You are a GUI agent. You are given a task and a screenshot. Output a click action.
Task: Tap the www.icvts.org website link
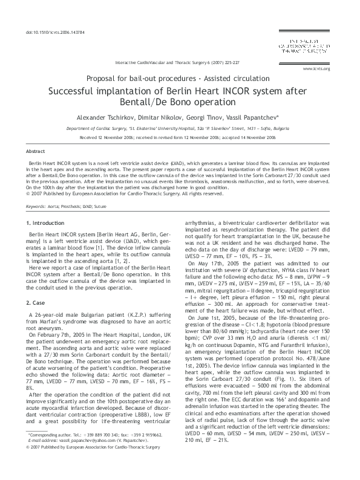(319, 69)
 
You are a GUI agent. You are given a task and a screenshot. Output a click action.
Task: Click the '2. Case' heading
(37, 285)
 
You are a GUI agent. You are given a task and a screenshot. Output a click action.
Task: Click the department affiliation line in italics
(180, 129)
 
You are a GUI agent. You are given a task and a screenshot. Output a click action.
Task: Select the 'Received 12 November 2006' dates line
(180, 137)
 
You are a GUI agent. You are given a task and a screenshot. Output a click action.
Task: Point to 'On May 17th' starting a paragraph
(204, 263)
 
